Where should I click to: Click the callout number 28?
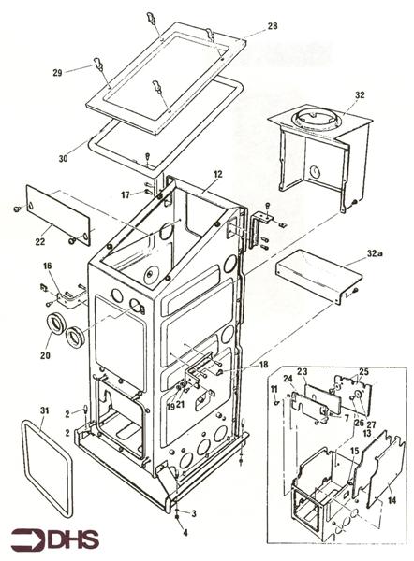[246, 27]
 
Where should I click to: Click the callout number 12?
[216, 175]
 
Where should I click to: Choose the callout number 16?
[47, 267]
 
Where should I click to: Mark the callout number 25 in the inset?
[364, 372]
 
